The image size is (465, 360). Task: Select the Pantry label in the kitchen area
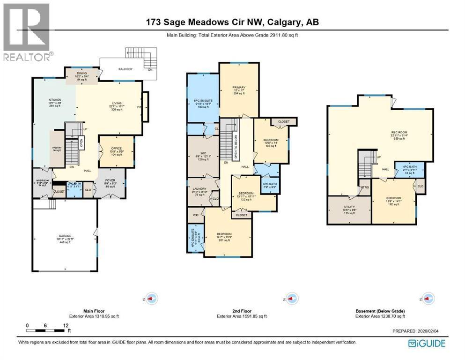(x=57, y=149)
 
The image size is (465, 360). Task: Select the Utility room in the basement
(x=349, y=209)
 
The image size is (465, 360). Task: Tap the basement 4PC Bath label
(x=409, y=169)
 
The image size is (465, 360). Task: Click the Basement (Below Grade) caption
(x=378, y=311)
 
